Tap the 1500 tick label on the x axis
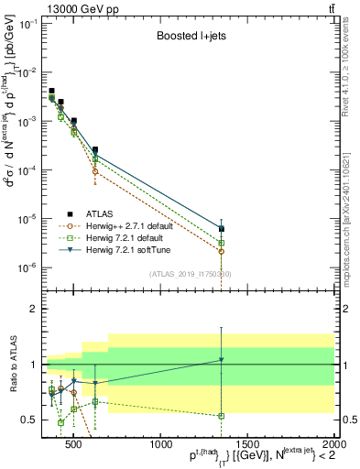pos(247,444)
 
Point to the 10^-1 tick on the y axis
pos(30,24)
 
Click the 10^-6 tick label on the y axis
pos(30,267)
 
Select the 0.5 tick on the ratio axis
pos(33,420)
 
